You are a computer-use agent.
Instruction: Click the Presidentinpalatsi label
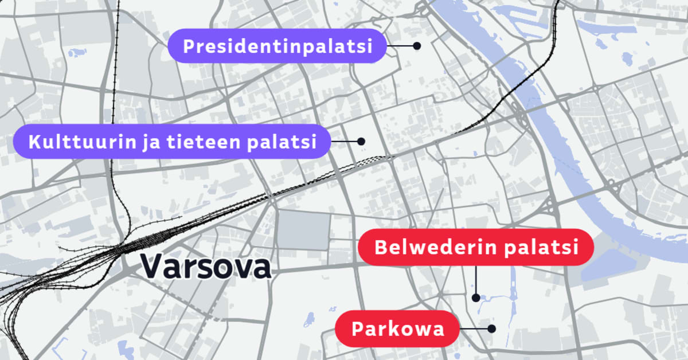click(x=277, y=46)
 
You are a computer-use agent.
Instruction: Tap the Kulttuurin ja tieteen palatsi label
click(x=172, y=141)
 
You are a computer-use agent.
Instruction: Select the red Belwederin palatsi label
click(x=475, y=248)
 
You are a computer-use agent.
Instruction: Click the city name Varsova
click(x=205, y=267)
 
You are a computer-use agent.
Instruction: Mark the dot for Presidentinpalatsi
click(x=417, y=45)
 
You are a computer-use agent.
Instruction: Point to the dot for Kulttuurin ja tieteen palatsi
click(x=361, y=141)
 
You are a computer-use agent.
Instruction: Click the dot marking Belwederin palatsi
click(x=475, y=298)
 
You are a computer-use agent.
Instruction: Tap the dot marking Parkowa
click(x=491, y=328)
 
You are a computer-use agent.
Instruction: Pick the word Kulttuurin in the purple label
click(x=79, y=141)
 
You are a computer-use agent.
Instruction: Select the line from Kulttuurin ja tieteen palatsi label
click(x=345, y=141)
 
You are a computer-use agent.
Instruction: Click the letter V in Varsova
click(x=151, y=267)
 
